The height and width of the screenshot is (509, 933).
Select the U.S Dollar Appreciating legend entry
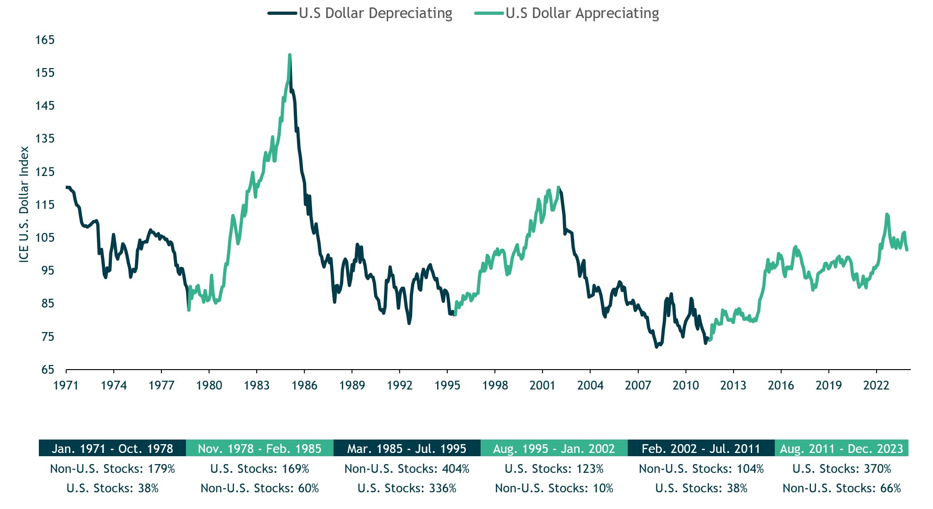tap(567, 13)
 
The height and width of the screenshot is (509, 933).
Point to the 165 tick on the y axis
tap(45, 40)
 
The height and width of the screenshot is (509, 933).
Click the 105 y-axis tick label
tap(45, 238)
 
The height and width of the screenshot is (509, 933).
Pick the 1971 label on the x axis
tap(66, 385)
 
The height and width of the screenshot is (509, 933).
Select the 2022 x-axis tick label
tap(876, 385)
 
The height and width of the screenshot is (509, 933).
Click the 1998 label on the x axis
tap(495, 385)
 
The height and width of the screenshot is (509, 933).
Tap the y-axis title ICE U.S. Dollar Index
tap(24, 204)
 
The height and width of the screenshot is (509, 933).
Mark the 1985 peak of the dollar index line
tap(290, 55)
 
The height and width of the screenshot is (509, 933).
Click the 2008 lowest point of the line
tap(656, 346)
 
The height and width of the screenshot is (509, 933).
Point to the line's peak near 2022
tap(887, 214)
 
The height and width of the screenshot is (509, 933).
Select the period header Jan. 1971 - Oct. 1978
tap(112, 448)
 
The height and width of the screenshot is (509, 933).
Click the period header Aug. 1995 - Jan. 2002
tap(554, 448)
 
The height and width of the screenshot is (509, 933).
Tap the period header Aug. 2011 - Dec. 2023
tap(841, 448)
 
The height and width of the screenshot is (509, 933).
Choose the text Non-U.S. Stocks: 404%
tap(407, 469)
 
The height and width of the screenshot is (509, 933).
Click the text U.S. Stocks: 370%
tap(841, 469)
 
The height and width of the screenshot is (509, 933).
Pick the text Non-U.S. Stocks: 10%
tap(554, 488)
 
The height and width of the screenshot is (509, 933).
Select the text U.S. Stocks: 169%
tap(260, 469)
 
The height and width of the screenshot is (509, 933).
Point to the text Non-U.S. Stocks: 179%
tap(112, 469)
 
